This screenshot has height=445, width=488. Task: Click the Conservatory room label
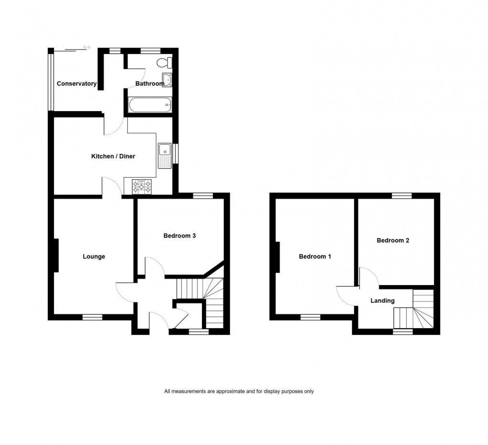[77, 84]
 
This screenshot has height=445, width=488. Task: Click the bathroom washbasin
[166, 80]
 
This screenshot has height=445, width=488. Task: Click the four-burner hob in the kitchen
[142, 186]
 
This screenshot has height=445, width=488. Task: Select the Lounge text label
[94, 257]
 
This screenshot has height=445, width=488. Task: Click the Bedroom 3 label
[179, 236]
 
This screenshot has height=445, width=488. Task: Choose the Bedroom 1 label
[315, 257]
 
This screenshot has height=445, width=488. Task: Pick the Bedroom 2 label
[393, 240]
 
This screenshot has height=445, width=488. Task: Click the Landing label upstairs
[383, 301]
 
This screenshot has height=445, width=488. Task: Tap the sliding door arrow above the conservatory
[87, 47]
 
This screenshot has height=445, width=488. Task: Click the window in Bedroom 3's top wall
[203, 195]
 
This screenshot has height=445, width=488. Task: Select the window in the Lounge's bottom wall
[92, 317]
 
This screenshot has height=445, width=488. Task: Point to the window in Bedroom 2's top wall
[401, 195]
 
